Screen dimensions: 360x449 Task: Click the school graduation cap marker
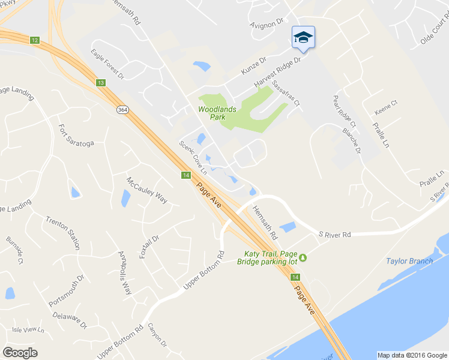pos(303,38)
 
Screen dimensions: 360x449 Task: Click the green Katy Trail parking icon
pos(303,258)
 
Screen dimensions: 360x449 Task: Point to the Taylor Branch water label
pos(409,261)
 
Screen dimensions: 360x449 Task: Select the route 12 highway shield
pos(35,40)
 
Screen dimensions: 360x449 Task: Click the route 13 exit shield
pos(100,82)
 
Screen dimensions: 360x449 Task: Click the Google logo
pos(20,353)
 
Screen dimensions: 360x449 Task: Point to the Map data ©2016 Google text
pos(412,355)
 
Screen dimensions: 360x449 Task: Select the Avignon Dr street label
pos(267,23)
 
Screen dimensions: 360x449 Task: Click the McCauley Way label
pos(146,190)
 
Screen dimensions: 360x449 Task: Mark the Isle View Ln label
pos(28,329)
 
